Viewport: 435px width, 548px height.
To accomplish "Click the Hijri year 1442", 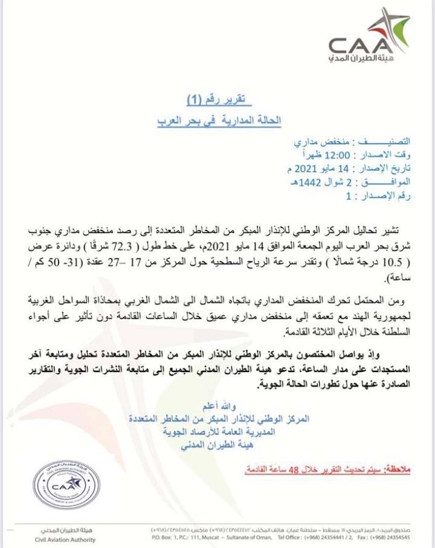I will coord(308,181).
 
